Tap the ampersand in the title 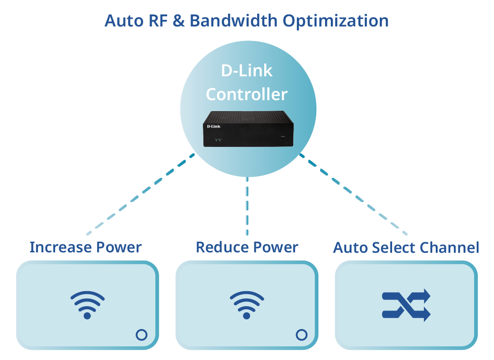click(179, 21)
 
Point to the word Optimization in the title click(336, 21)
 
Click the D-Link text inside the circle click(247, 71)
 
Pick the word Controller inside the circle click(247, 94)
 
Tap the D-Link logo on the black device click(213, 127)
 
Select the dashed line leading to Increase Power click(141, 194)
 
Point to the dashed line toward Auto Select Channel click(353, 194)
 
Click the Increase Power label click(86, 247)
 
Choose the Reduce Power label click(247, 247)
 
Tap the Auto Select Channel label click(406, 247)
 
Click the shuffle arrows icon click(406, 305)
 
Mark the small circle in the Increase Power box click(142, 335)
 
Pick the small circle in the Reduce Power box click(301, 335)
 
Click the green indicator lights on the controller click(217, 140)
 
